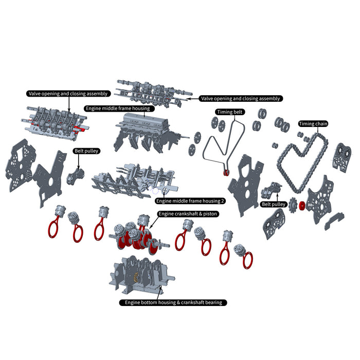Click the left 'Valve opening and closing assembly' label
(x=68, y=94)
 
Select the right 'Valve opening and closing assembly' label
(x=241, y=98)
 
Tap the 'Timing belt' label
(x=231, y=112)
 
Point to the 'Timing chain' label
(x=314, y=124)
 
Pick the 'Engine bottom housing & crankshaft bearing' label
(x=173, y=302)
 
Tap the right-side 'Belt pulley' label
(x=274, y=204)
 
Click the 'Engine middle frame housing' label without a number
(x=118, y=109)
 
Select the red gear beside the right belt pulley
(x=302, y=207)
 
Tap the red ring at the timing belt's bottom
(x=227, y=172)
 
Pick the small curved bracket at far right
(x=335, y=221)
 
